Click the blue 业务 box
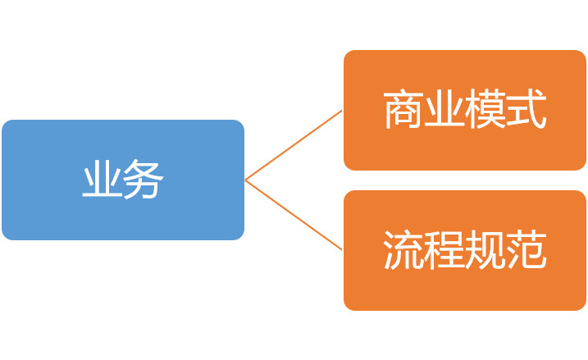[123, 180]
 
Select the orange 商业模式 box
[465, 110]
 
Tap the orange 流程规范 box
[465, 250]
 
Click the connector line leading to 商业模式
[294, 145]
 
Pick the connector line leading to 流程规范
[294, 215]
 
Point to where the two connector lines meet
[246, 180]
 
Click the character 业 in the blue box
[103, 179]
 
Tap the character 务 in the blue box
[144, 179]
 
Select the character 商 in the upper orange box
[403, 109]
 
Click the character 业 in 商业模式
[444, 109]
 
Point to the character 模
[485, 109]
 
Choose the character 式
[526, 109]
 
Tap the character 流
[403, 250]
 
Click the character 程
[444, 250]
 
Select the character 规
[485, 250]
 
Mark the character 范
[526, 250]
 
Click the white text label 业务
[123, 179]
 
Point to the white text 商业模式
[465, 109]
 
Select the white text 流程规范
[465, 250]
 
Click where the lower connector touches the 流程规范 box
[342, 250]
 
